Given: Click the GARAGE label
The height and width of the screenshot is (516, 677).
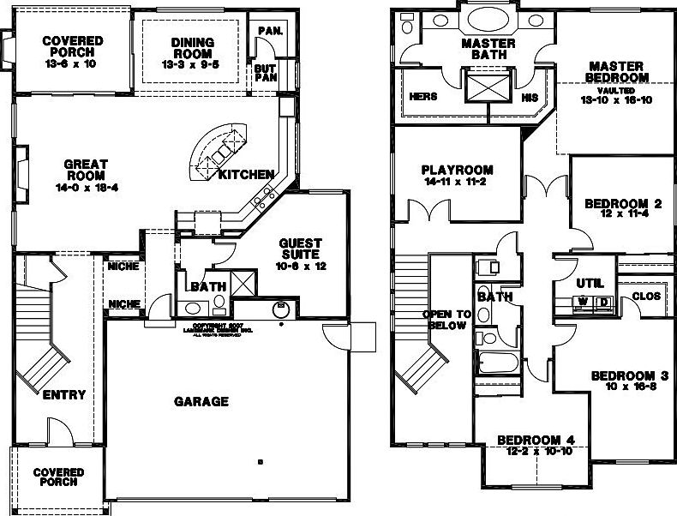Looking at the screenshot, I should click(201, 400).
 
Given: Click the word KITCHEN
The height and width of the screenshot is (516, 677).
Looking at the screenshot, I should click(246, 175).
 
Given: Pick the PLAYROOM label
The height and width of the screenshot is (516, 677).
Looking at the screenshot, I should click(458, 169).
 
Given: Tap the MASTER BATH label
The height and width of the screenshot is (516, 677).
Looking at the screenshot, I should click(488, 50).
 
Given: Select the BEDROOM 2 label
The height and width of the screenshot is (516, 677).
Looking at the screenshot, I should click(623, 203).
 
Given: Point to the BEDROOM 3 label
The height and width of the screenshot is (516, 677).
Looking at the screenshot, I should click(629, 375).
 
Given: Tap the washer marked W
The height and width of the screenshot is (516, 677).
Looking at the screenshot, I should click(583, 302).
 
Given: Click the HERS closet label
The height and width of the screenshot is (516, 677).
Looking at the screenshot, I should click(423, 97).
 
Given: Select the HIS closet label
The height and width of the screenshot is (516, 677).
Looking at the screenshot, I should click(529, 97).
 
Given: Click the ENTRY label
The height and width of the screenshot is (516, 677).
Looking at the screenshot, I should click(63, 395).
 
